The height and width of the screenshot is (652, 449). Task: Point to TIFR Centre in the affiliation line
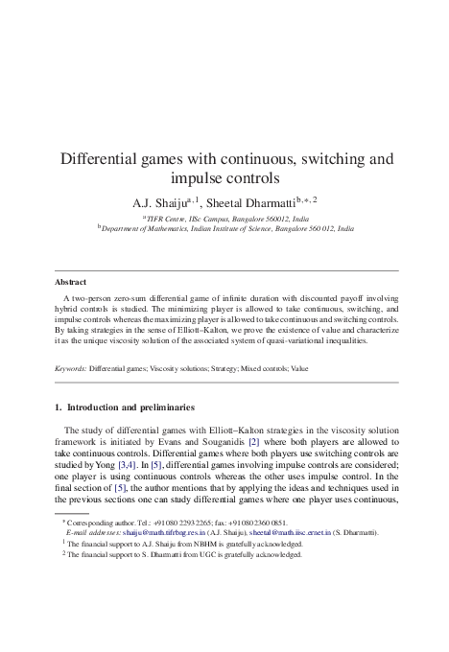point(169,219)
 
